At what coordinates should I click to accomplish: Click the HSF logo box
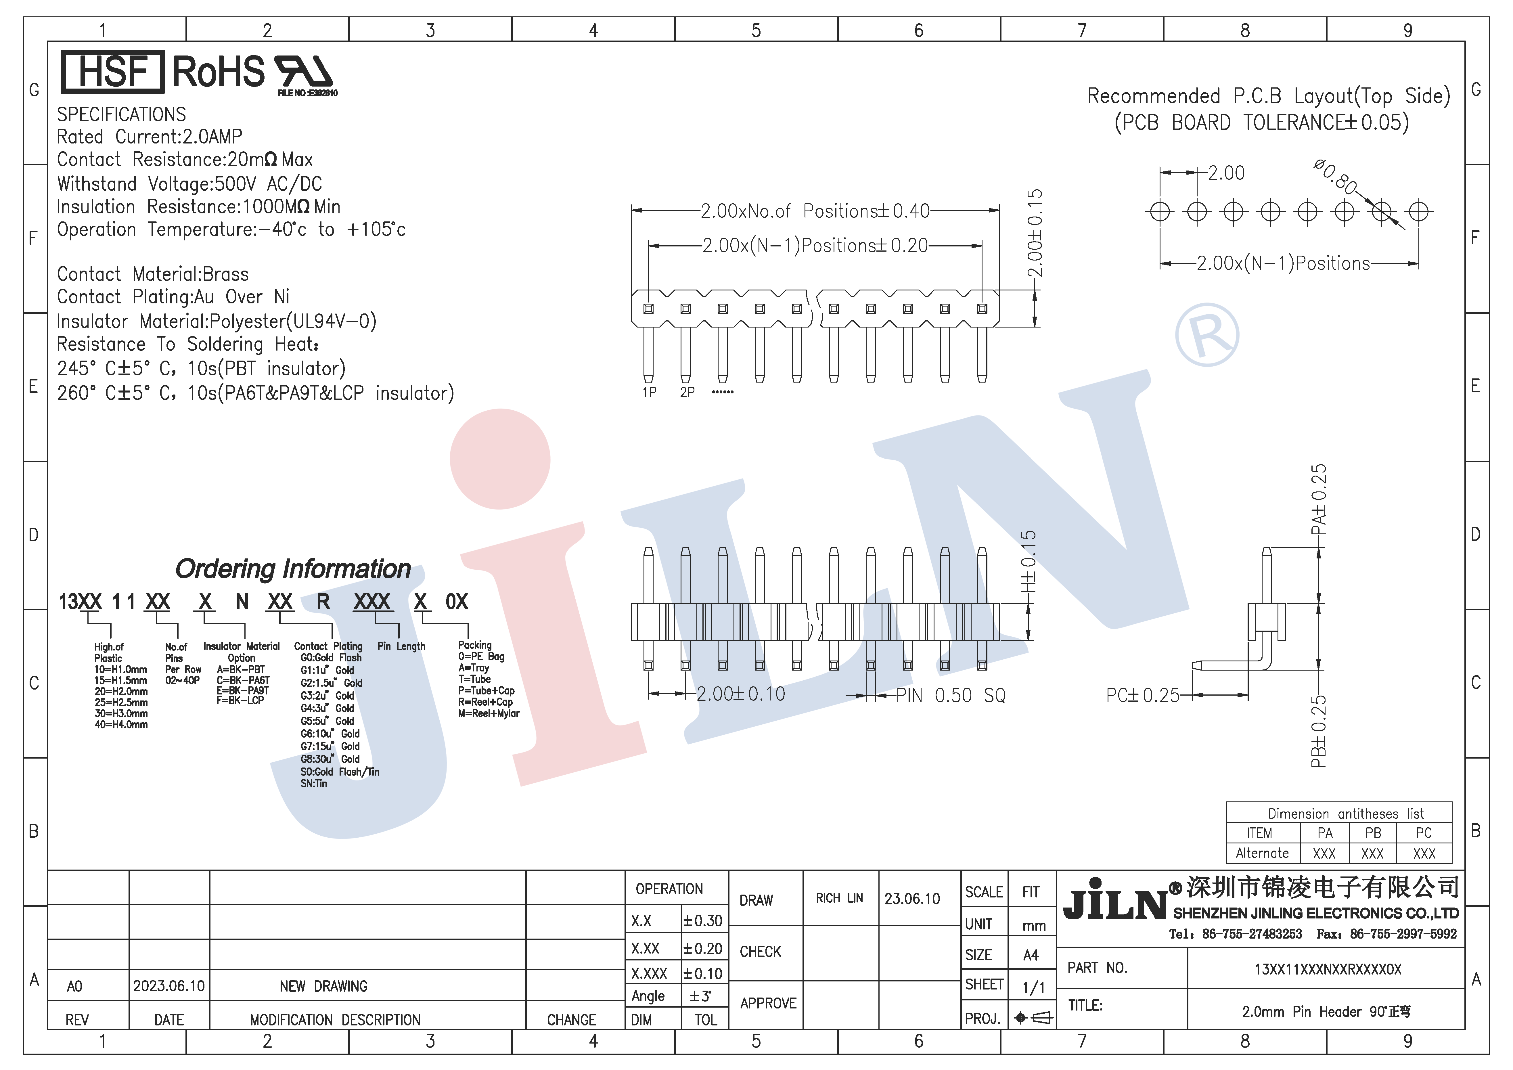[112, 71]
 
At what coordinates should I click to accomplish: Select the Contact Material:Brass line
[153, 274]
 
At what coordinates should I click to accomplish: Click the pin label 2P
[687, 392]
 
